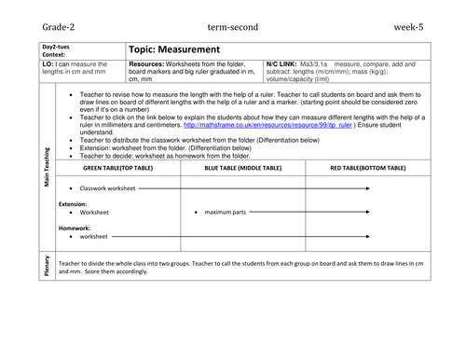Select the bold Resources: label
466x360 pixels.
[147, 63]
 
